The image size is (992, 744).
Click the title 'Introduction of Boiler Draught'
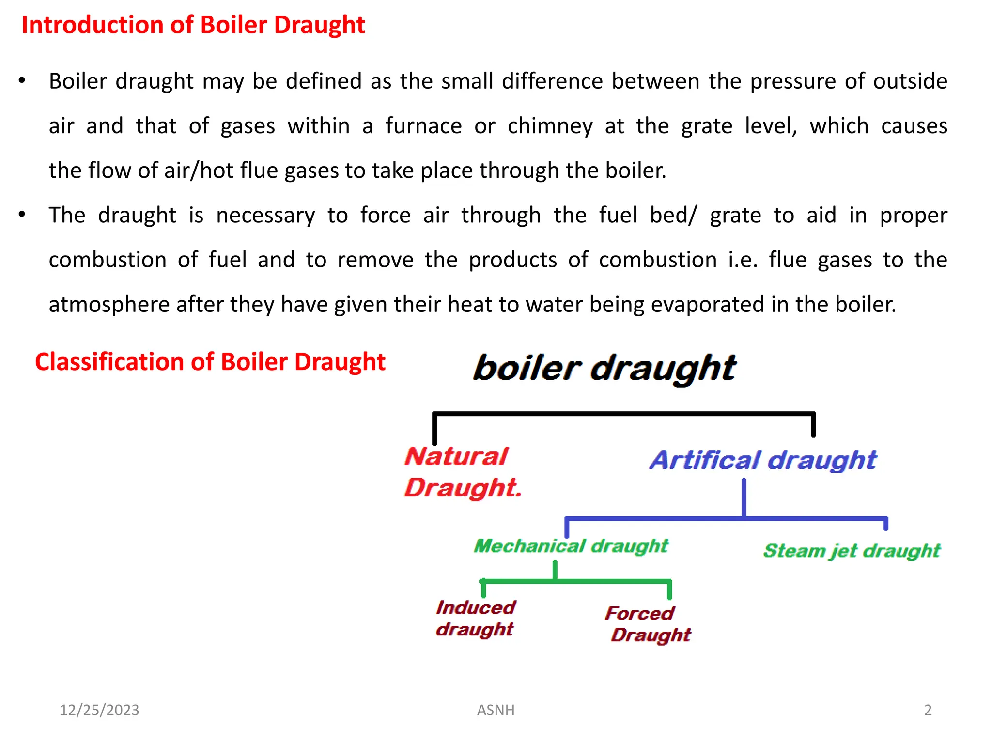[x=193, y=25]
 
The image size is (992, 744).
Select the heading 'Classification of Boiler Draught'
[x=210, y=362]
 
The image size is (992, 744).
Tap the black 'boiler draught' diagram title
[x=604, y=368]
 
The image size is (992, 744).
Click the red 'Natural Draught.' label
[x=463, y=472]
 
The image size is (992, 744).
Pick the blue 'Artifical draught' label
[x=762, y=460]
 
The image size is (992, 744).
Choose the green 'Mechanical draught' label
[x=571, y=546]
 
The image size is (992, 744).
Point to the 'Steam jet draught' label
[x=851, y=551]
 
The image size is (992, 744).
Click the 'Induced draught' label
[x=475, y=618]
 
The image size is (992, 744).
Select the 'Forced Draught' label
[x=648, y=624]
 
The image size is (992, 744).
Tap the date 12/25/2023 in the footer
[x=99, y=710]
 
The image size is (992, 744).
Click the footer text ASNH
[x=496, y=710]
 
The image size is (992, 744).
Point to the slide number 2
[x=928, y=710]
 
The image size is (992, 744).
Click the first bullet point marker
[x=22, y=81]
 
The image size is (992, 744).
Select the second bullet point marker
[x=22, y=215]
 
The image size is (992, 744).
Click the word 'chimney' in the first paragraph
[x=550, y=126]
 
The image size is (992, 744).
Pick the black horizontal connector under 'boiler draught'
[x=623, y=414]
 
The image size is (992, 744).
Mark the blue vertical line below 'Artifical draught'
[x=744, y=498]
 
